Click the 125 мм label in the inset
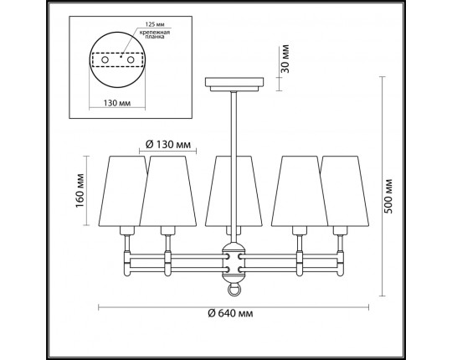click(x=155, y=24)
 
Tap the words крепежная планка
click(x=155, y=34)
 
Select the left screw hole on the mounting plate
click(x=105, y=60)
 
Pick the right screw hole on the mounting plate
click(x=131, y=60)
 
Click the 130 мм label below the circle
click(x=117, y=103)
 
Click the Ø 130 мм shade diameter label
click(x=168, y=144)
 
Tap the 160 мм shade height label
click(x=80, y=191)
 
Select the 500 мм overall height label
click(x=388, y=196)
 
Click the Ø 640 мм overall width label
click(x=230, y=313)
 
